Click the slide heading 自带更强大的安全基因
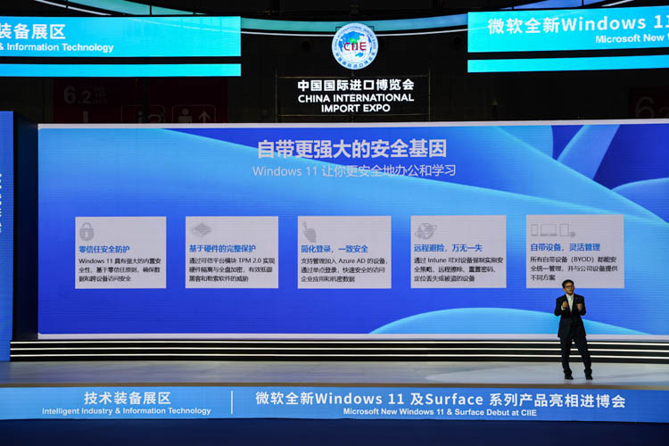[x=351, y=149]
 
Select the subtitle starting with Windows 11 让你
[x=354, y=170]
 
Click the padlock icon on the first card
[x=87, y=231]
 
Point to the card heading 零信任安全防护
[x=104, y=249]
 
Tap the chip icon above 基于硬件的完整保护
[x=202, y=230]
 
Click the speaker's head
[x=568, y=286]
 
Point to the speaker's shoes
[x=575, y=375]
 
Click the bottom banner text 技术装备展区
[x=127, y=398]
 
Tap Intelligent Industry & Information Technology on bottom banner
[x=127, y=411]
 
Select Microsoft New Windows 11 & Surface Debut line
[x=440, y=412]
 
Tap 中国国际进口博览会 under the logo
[x=355, y=85]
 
